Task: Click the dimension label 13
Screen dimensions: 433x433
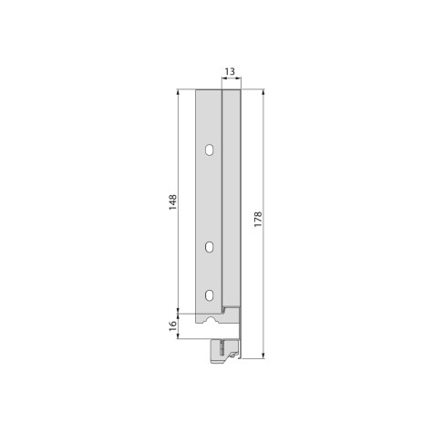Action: pos(231,70)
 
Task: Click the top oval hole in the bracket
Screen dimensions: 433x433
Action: pos(209,149)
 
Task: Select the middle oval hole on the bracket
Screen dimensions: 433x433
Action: pos(209,246)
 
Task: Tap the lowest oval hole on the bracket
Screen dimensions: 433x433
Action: pos(209,294)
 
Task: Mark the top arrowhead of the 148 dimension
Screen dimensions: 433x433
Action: pos(178,92)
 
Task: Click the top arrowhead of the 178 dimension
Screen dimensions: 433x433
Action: pos(263,92)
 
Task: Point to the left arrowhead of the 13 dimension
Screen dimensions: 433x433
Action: pos(223,80)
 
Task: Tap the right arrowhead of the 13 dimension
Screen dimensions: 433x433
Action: pos(239,80)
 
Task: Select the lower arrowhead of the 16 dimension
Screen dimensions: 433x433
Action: pos(178,337)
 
